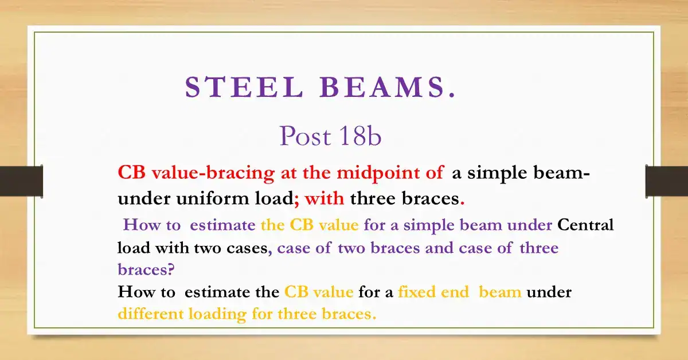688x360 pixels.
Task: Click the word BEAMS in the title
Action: click(388, 88)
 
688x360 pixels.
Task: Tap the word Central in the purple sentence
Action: click(585, 225)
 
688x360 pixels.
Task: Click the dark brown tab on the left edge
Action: click(21, 181)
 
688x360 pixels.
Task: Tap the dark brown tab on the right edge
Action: click(666, 181)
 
